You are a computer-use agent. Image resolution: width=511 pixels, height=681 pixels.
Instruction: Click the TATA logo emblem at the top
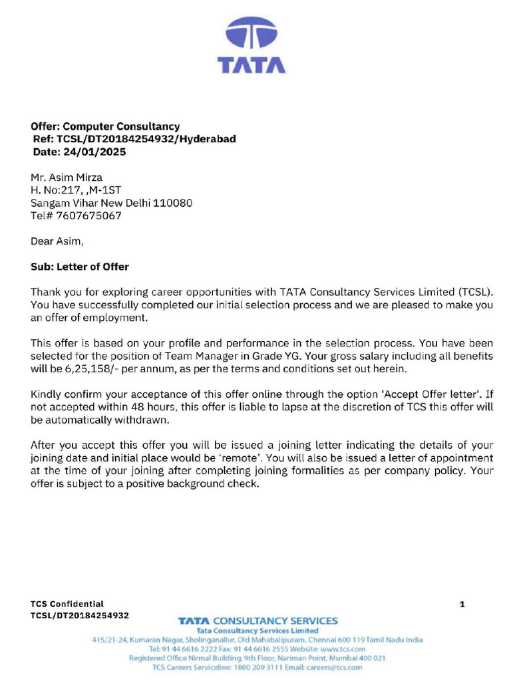[x=252, y=37]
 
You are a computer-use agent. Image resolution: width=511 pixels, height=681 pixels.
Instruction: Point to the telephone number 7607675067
[x=88, y=215]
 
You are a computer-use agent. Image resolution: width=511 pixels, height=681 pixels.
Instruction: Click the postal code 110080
[x=172, y=203]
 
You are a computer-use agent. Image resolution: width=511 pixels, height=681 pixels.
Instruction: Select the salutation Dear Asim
[x=57, y=241]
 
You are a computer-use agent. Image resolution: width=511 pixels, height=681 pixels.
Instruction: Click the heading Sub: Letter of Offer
[x=80, y=267]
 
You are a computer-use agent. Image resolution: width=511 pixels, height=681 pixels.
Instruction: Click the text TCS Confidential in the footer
[x=67, y=604]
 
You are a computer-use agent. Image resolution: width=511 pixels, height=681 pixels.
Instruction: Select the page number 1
[x=462, y=604]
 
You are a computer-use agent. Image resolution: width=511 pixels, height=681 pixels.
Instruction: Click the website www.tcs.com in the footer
[x=343, y=648]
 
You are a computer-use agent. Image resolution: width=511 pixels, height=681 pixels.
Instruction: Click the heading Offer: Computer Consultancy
[x=105, y=126]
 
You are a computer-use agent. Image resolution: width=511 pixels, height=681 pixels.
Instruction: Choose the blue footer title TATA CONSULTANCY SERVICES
[x=257, y=620]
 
